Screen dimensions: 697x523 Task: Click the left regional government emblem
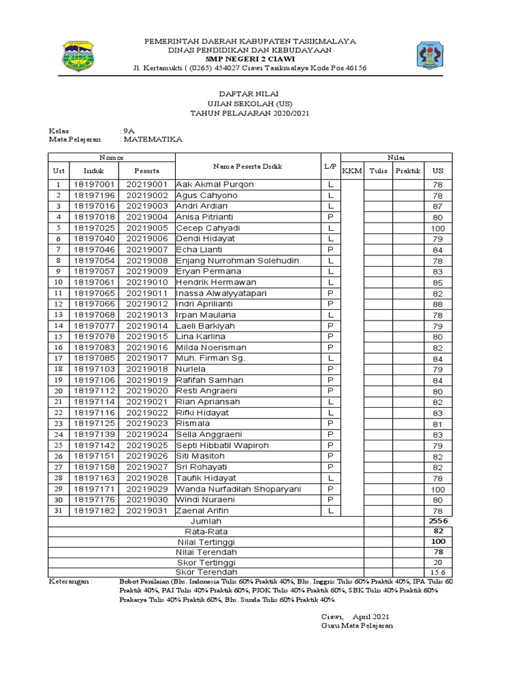tap(79, 55)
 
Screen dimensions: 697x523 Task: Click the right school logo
tap(434, 55)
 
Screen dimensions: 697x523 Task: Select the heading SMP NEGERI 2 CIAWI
tap(251, 59)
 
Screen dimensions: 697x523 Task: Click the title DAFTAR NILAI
tap(251, 93)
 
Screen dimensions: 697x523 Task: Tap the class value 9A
tap(129, 129)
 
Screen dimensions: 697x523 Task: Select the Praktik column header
tap(408, 170)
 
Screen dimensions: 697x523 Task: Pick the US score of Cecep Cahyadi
tap(437, 228)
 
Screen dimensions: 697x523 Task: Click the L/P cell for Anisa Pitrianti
tap(330, 217)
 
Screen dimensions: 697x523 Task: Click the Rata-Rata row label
tap(206, 532)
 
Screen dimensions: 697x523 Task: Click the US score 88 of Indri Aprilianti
tap(437, 304)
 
